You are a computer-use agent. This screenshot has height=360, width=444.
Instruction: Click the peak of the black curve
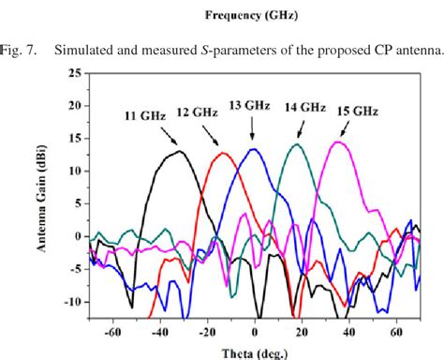click(176, 151)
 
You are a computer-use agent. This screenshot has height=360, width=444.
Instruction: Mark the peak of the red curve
click(223, 153)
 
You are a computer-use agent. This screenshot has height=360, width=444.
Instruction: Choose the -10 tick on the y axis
click(75, 302)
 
